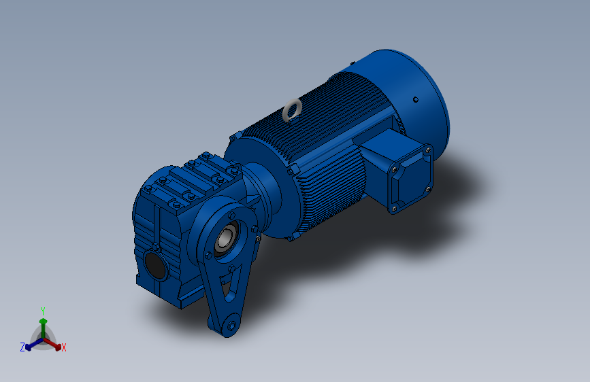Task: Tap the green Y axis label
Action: pyautogui.click(x=43, y=311)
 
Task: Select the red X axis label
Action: pyautogui.click(x=64, y=347)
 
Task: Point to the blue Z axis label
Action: pyautogui.click(x=22, y=347)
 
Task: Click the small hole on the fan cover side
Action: pyautogui.click(x=415, y=100)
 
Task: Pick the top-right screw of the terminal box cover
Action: pyautogui.click(x=428, y=151)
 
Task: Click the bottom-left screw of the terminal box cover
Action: pyautogui.click(x=394, y=208)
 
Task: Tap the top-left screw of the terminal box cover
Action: pyautogui.click(x=394, y=170)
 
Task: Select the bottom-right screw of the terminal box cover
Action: pyautogui.click(x=428, y=189)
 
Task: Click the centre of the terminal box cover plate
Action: pyautogui.click(x=411, y=179)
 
